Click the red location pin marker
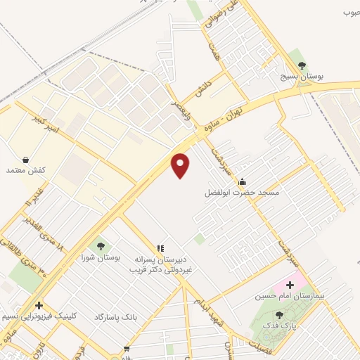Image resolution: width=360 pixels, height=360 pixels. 181,165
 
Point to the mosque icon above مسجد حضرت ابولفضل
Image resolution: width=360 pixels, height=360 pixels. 243,181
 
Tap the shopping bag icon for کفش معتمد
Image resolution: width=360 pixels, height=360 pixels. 26,160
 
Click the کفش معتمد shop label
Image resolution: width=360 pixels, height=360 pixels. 25,170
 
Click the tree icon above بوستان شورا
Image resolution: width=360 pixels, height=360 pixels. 101,246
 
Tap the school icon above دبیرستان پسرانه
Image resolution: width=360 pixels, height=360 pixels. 160,247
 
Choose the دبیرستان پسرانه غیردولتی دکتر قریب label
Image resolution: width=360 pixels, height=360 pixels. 158,262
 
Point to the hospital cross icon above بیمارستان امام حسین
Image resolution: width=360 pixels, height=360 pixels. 290,285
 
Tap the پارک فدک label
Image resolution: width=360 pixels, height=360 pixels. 280,326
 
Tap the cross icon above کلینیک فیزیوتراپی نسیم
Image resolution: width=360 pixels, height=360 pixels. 39,305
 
